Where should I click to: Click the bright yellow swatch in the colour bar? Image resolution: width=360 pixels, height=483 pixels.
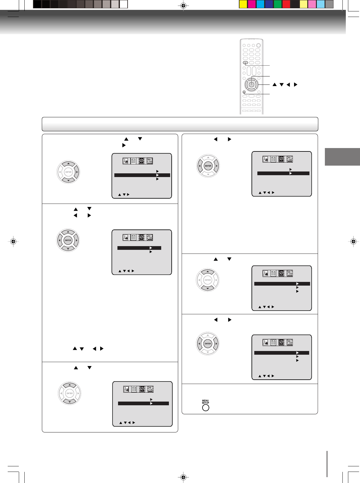243,4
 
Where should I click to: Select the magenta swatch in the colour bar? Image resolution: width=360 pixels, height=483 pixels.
252,4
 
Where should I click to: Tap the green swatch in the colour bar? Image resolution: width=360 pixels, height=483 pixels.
278,4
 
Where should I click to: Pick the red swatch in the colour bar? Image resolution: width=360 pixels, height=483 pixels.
286,4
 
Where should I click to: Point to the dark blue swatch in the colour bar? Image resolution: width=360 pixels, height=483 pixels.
269,4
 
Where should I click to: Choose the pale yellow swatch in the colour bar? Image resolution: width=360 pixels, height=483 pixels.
304,4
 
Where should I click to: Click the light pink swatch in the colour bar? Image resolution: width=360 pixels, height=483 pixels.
312,4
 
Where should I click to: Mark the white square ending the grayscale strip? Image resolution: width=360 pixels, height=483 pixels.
124,4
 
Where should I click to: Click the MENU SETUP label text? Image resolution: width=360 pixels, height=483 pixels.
206,402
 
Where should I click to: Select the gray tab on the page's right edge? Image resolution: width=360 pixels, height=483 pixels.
342,157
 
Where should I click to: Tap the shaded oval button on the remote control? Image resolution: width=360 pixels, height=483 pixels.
245,63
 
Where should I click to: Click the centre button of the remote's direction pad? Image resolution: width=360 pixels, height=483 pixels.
252,85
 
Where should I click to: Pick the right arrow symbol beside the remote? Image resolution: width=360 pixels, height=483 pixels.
296,85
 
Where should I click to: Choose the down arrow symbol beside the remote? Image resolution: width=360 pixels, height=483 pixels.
281,85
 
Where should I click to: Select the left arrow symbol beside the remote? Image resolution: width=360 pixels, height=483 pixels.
288,85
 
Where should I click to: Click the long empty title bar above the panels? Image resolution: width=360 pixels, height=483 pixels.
180,124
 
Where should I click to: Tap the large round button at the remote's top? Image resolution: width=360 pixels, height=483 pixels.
258,45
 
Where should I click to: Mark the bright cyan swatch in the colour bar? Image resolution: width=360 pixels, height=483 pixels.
260,4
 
